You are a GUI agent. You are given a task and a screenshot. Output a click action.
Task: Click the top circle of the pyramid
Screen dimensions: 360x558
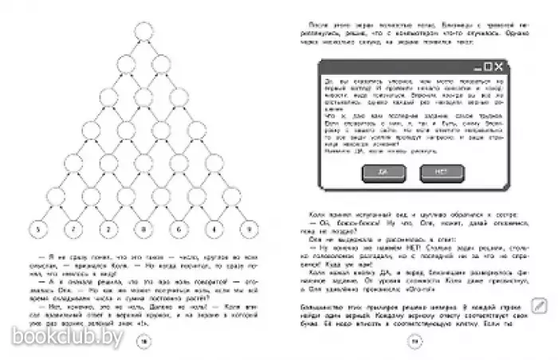click(x=143, y=32)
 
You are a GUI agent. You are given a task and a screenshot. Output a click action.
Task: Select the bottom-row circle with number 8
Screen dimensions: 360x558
click(x=143, y=230)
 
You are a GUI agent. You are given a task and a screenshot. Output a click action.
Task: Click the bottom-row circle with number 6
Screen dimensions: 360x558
click(x=178, y=230)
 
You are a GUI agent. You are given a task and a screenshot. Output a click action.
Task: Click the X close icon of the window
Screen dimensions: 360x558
click(x=498, y=68)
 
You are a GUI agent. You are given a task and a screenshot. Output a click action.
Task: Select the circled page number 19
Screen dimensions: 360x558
click(x=414, y=342)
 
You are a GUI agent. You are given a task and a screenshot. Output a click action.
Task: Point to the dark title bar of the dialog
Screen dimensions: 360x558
click(x=399, y=68)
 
